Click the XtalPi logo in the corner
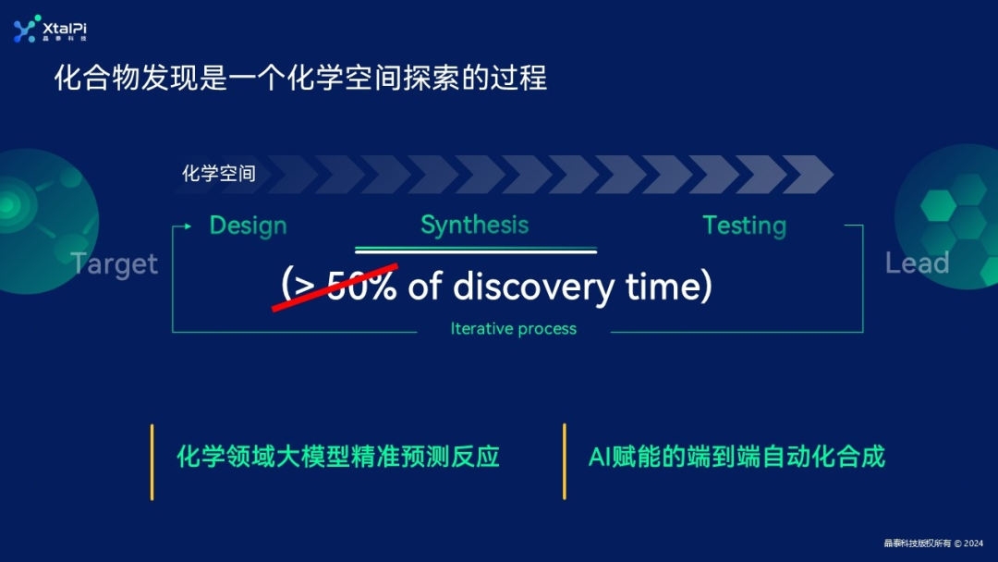(x=50, y=30)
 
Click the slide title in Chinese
(x=300, y=78)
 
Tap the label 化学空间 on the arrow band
(x=219, y=173)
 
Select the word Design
(x=248, y=226)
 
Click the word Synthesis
(x=474, y=225)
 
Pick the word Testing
(x=744, y=226)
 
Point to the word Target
(x=115, y=264)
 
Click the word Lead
(x=917, y=263)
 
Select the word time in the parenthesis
(x=663, y=287)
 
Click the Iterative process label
(x=513, y=329)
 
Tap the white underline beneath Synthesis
(x=476, y=250)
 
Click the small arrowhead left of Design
(x=188, y=226)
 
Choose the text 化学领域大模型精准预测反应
(x=337, y=457)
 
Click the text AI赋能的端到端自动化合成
(x=736, y=457)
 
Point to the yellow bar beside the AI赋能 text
(x=564, y=461)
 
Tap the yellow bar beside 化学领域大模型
(x=152, y=461)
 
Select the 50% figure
(x=362, y=287)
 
